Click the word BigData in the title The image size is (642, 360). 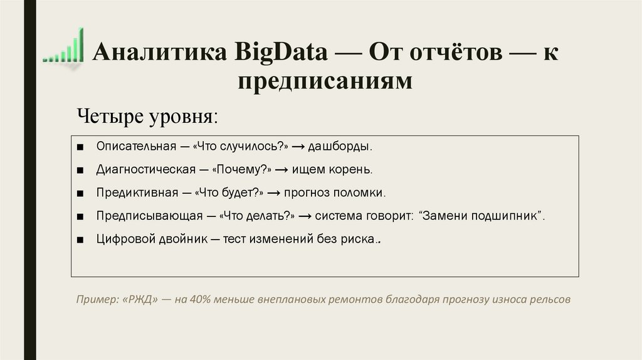tap(282, 53)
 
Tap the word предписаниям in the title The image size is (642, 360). tap(325, 82)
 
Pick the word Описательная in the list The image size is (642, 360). tap(136, 146)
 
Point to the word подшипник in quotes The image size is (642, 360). tap(508, 216)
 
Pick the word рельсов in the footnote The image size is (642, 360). tap(550, 299)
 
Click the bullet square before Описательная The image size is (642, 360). tap(82, 147)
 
